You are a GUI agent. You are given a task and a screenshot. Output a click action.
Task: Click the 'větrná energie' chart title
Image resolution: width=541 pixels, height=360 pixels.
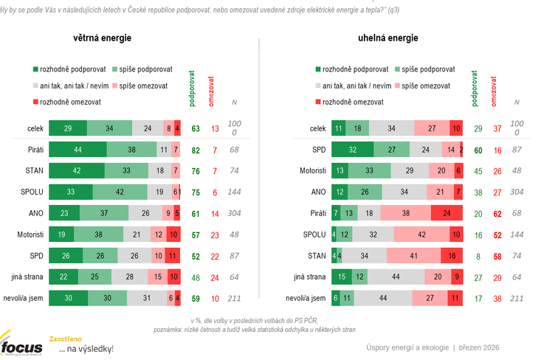coord(103,38)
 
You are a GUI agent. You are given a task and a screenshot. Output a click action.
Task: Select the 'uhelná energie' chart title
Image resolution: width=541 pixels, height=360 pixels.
coord(387,38)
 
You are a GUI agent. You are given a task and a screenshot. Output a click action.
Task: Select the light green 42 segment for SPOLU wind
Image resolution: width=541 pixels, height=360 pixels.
coord(121,193)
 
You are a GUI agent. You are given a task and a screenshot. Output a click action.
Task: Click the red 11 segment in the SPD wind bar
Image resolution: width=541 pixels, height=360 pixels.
coord(173,256)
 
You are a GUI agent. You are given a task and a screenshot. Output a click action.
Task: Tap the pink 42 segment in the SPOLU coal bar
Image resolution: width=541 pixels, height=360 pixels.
coord(421,235)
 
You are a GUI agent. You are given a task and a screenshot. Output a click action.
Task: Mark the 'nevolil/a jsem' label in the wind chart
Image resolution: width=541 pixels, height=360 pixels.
coord(27,299)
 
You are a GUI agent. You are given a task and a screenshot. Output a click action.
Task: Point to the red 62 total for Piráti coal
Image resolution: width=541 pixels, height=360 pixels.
coord(497,214)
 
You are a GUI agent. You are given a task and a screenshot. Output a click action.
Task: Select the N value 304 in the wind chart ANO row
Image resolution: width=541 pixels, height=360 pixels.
coord(234,214)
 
